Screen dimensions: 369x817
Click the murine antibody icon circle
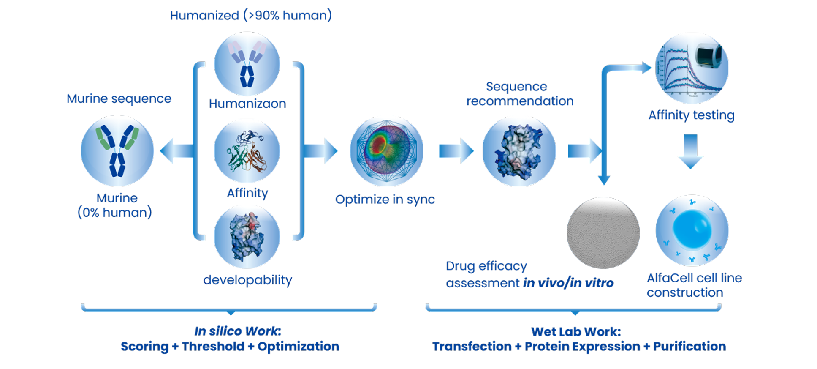pos(117,151)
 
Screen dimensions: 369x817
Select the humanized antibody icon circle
pos(247,64)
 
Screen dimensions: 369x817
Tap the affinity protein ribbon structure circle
pos(247,151)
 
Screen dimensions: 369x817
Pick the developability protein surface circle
pos(247,237)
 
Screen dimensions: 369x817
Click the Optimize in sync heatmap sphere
pos(387,151)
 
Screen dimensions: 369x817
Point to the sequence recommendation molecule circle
pos(519,151)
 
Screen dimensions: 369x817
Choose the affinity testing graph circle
pos(692,68)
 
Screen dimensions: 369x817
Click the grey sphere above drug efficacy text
pos(603,232)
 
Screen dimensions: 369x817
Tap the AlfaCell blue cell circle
pos(692,231)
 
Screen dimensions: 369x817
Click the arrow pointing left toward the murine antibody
pos(175,151)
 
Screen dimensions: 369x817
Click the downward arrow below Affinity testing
pos(690,151)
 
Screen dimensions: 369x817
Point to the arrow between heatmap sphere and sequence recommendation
pos(456,151)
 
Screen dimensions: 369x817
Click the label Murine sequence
pos(119,99)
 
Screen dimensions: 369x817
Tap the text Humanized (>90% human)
pos(251,16)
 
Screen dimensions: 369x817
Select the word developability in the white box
pos(248,280)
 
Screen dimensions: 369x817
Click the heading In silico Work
pos(237,331)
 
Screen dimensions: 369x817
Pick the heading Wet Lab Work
pos(576,332)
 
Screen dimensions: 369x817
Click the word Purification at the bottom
pos(689,347)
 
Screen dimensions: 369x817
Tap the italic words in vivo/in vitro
pos(568,283)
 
